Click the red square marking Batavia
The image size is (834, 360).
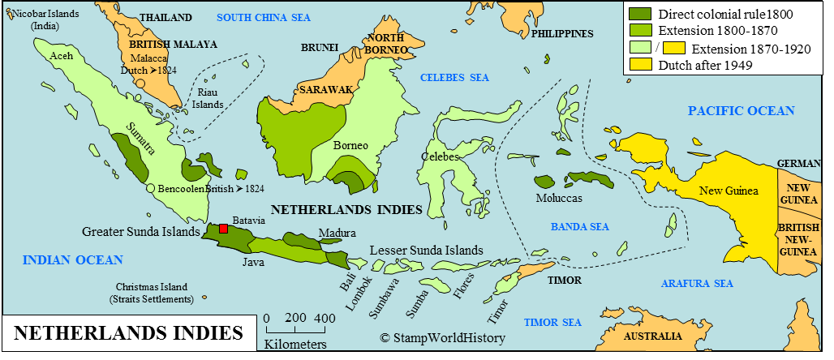(x=224, y=229)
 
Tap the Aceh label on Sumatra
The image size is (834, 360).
(x=62, y=56)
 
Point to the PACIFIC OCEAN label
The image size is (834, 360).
(x=741, y=111)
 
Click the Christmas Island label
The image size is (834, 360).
(x=152, y=293)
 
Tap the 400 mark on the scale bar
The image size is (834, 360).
(x=324, y=318)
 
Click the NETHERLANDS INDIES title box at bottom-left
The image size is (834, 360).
(x=129, y=334)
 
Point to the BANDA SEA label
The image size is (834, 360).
(x=579, y=227)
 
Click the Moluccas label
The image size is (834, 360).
(x=559, y=198)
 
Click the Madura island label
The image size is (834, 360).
(x=337, y=234)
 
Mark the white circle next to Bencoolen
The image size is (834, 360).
(x=151, y=188)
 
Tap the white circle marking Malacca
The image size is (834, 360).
(x=140, y=83)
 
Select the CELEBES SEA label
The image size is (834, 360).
(x=454, y=78)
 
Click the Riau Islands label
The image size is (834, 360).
(x=209, y=99)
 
